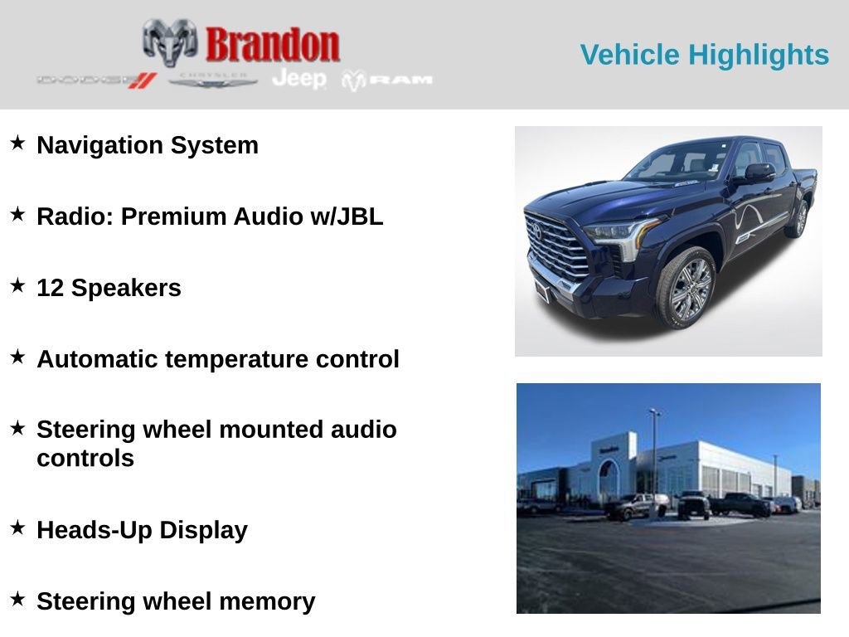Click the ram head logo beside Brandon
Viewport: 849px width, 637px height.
(170, 42)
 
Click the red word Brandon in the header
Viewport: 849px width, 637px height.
(272, 44)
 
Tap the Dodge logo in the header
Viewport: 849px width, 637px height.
(96, 80)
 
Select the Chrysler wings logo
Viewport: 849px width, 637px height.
(213, 80)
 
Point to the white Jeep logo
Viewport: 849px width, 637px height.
(299, 78)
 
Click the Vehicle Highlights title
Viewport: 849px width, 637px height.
(704, 55)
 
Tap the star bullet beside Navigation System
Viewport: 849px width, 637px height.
(17, 143)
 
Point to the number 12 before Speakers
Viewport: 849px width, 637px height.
(51, 288)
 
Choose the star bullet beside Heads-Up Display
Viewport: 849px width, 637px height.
(17, 528)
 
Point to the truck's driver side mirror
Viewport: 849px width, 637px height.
(757, 173)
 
